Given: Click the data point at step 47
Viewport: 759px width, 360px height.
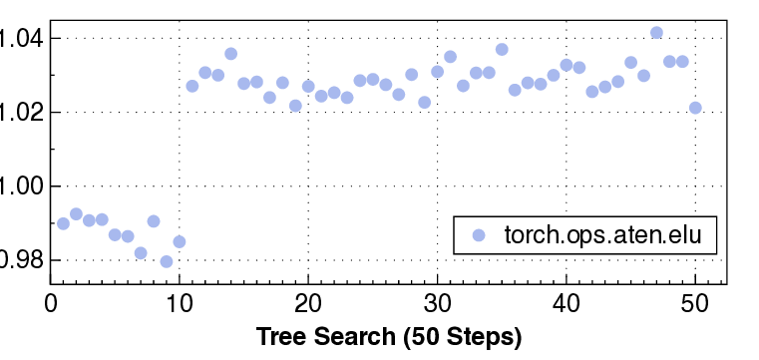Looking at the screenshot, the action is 656,33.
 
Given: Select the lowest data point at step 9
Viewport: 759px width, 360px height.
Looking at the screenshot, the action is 166,261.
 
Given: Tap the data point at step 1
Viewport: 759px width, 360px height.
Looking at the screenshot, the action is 63,223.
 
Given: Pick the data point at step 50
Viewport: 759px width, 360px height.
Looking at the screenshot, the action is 695,108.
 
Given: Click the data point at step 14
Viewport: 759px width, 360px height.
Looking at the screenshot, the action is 230,54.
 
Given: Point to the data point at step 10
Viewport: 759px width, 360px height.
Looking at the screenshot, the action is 179,241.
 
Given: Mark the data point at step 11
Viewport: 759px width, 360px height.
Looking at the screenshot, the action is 191,86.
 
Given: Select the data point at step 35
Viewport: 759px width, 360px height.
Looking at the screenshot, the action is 502,49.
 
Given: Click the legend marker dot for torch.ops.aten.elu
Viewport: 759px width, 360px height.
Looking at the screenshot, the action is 478,236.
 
